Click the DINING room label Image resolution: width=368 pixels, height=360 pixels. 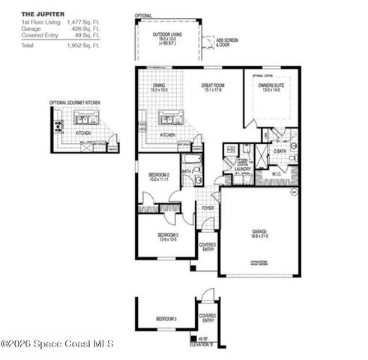(x=158, y=87)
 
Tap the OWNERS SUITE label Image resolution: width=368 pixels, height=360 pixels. (x=270, y=87)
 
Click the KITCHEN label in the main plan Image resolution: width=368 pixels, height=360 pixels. (x=168, y=135)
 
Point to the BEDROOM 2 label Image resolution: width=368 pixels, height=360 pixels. (x=158, y=178)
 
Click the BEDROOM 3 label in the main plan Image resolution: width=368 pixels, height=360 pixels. (x=166, y=237)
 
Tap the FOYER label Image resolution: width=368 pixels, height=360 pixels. (x=208, y=208)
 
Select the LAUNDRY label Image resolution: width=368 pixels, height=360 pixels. (x=242, y=169)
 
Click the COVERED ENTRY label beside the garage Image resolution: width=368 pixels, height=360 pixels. (x=208, y=247)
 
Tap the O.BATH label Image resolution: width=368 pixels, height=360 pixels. (x=280, y=151)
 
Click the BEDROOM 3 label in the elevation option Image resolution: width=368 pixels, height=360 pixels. (x=166, y=319)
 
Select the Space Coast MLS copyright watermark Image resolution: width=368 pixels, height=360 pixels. (x=57, y=343)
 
